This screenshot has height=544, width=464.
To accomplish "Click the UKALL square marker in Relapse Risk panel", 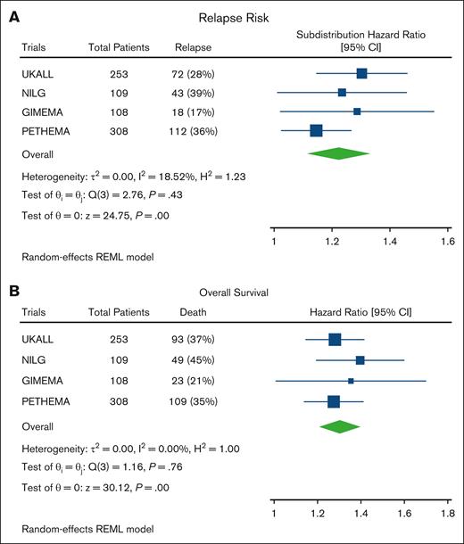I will (361, 73).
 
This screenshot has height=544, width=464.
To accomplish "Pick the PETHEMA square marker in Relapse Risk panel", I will (316, 131).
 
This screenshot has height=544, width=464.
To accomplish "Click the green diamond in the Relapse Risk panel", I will (338, 153).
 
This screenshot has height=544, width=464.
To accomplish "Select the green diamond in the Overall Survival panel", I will (339, 426).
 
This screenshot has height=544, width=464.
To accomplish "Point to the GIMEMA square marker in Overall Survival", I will (351, 381).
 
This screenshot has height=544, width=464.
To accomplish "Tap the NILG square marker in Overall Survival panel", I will (360, 360).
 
